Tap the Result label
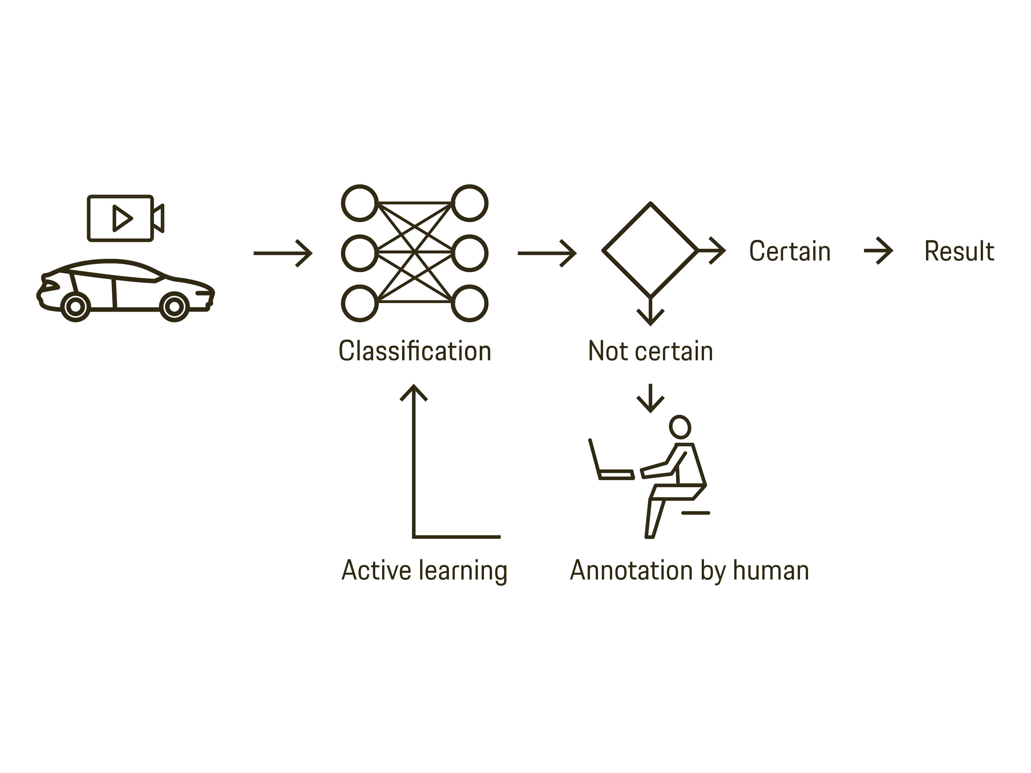coord(959,251)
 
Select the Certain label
coord(790,251)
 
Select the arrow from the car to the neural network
coord(283,253)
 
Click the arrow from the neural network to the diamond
coord(547,253)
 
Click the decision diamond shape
coord(650,250)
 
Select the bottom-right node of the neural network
coord(469,303)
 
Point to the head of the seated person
coord(679,427)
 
